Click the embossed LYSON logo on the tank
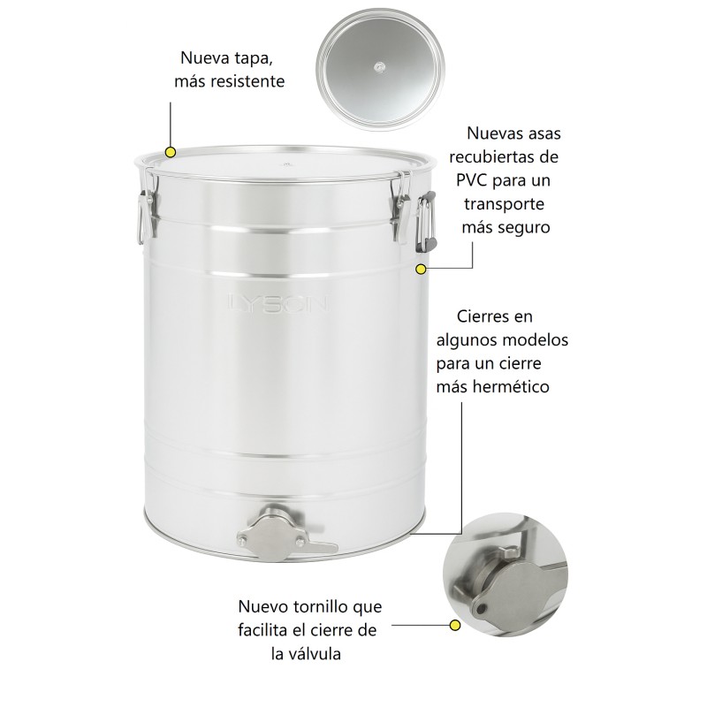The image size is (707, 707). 278,303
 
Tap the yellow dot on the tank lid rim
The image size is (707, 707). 171,152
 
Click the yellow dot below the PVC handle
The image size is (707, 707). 421,270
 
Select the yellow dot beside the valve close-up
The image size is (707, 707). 455,626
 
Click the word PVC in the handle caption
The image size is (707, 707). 472,180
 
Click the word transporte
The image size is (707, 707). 504,204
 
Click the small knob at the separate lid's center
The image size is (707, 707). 379,68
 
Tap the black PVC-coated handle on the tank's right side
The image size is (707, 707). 427,221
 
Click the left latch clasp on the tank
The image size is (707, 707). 147,205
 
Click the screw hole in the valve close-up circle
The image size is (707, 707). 482,609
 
